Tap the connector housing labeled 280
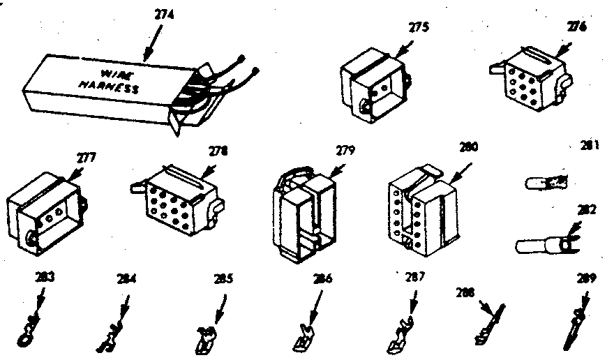pos(421,206)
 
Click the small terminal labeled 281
pos(546,183)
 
